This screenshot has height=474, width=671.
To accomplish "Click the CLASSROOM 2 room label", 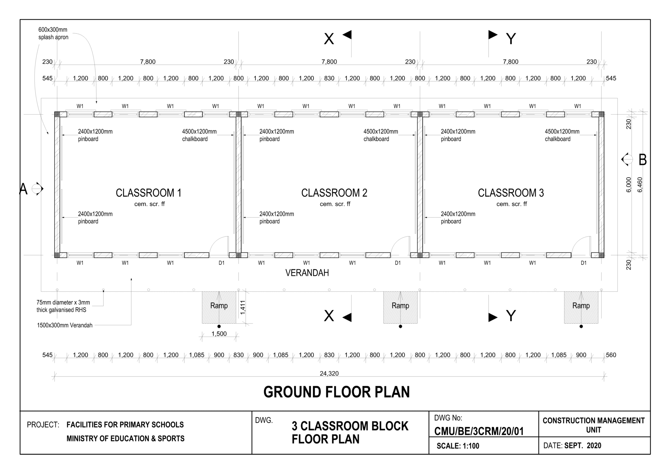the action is [x=334, y=193].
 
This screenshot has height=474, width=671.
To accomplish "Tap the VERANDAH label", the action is [x=307, y=273].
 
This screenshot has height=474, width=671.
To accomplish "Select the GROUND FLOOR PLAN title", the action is [x=336, y=392].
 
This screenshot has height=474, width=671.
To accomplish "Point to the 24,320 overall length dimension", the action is [x=329, y=373].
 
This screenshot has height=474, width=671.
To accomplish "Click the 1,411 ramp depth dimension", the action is [x=243, y=307].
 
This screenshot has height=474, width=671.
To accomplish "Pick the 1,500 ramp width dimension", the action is [x=219, y=334].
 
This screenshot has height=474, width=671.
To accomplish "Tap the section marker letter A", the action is [x=23, y=189].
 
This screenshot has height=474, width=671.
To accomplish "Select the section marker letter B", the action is [x=642, y=160].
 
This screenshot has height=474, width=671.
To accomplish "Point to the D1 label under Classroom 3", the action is [x=583, y=263].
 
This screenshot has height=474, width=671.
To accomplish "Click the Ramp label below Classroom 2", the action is [x=400, y=306].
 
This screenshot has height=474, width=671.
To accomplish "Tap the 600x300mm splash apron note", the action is [x=53, y=33].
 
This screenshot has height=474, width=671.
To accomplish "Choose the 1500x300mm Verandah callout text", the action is [x=65, y=325].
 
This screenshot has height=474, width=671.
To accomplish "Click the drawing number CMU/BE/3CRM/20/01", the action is [x=479, y=431].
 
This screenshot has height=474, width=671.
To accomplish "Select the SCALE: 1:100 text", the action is [x=458, y=446].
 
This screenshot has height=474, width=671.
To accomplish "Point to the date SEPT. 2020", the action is [x=583, y=446].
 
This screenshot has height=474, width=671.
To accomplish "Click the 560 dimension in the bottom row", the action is [x=611, y=355].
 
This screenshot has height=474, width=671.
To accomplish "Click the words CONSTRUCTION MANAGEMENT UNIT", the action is [x=593, y=425].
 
